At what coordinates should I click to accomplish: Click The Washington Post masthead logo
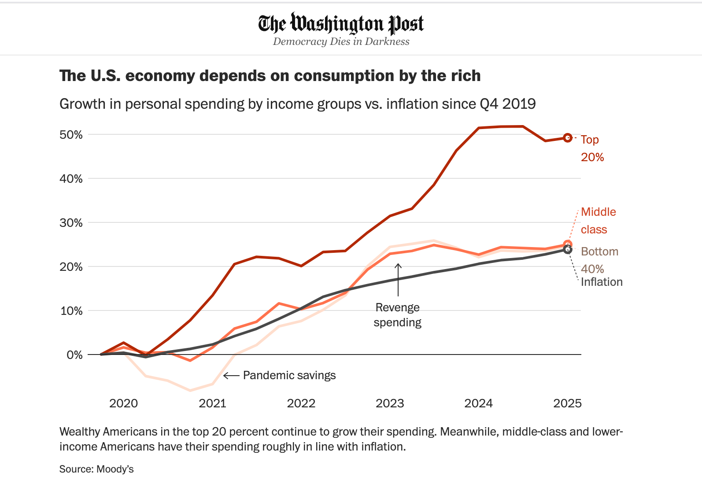point(341,24)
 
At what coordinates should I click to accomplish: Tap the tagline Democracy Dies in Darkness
point(341,41)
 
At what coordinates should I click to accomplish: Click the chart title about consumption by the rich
point(270,76)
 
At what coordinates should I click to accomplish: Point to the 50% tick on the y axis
point(71,135)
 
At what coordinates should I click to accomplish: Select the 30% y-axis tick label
point(71,223)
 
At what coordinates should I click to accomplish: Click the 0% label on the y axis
point(74,355)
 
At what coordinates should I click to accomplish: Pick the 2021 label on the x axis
point(212,403)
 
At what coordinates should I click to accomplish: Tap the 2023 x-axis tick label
point(390,403)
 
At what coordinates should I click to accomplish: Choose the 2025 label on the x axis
point(567,403)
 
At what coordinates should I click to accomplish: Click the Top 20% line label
point(592,148)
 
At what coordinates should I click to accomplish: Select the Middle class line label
point(598,221)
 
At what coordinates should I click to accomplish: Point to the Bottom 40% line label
point(599,260)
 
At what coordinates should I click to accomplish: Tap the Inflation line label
point(602,282)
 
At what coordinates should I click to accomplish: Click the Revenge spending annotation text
point(397,315)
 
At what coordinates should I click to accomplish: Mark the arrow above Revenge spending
point(398,280)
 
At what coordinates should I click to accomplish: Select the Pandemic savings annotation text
point(289,375)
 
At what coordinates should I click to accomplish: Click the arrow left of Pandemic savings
point(231,376)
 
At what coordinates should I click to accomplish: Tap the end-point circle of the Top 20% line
point(568,138)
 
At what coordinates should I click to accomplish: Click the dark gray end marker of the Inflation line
point(568,250)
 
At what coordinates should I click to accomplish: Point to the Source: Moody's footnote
point(96,469)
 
